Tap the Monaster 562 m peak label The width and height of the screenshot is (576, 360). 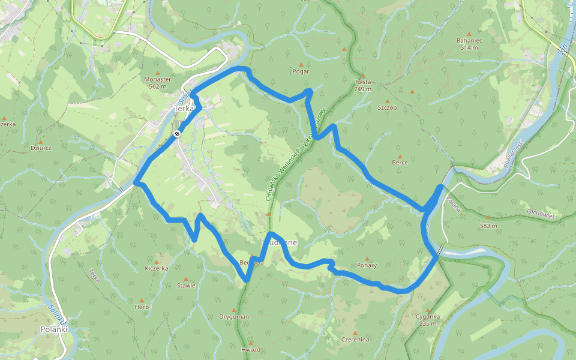click(x=158, y=83)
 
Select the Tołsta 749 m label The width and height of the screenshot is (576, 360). click(x=362, y=85)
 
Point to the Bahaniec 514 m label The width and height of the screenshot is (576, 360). click(x=469, y=43)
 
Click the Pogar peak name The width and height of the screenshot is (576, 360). click(x=301, y=71)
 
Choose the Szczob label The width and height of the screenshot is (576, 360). click(x=387, y=108)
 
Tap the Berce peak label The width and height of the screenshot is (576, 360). click(x=400, y=163)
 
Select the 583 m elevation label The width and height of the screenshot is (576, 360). click(x=488, y=226)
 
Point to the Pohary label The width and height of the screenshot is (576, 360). click(x=367, y=265)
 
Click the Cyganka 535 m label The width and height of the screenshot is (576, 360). click(x=428, y=320)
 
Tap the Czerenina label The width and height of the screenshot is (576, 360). click(x=355, y=340)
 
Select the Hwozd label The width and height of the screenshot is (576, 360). click(x=251, y=350)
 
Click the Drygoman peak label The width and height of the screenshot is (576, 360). click(x=233, y=317)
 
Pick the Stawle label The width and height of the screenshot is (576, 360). click(x=186, y=286)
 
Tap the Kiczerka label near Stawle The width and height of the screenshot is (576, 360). click(x=157, y=269)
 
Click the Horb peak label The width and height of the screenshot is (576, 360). click(x=142, y=307)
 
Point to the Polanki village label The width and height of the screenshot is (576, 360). click(x=53, y=329)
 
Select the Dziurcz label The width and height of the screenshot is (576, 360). click(x=41, y=148)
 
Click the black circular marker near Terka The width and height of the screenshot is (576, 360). click(x=178, y=134)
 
